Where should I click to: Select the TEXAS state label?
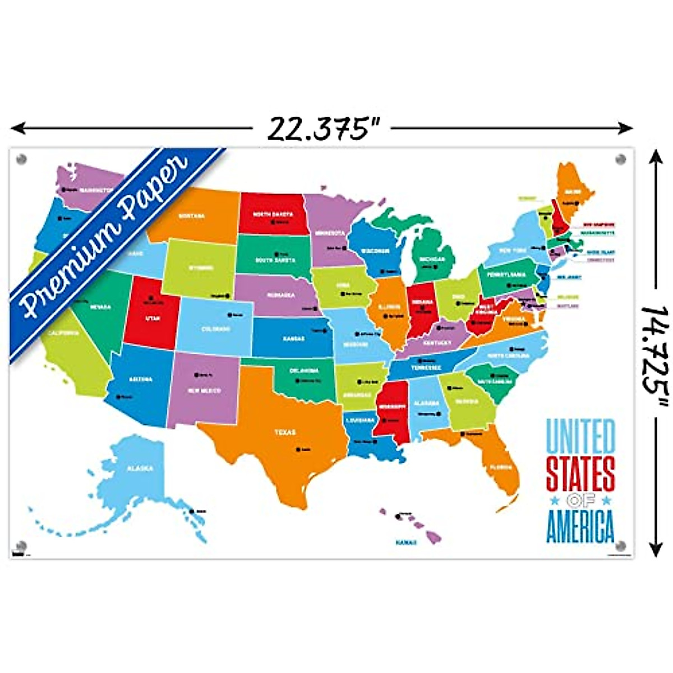point(284,432)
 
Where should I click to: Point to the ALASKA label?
point(140,468)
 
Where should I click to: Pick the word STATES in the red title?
point(580,474)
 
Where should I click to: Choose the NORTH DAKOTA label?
point(272,214)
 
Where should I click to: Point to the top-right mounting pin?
point(621,159)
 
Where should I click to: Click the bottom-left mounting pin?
point(22,546)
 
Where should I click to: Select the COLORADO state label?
point(215,329)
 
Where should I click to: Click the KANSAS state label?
point(293,339)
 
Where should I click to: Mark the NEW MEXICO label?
point(204,390)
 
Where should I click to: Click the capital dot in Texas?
point(298,449)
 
